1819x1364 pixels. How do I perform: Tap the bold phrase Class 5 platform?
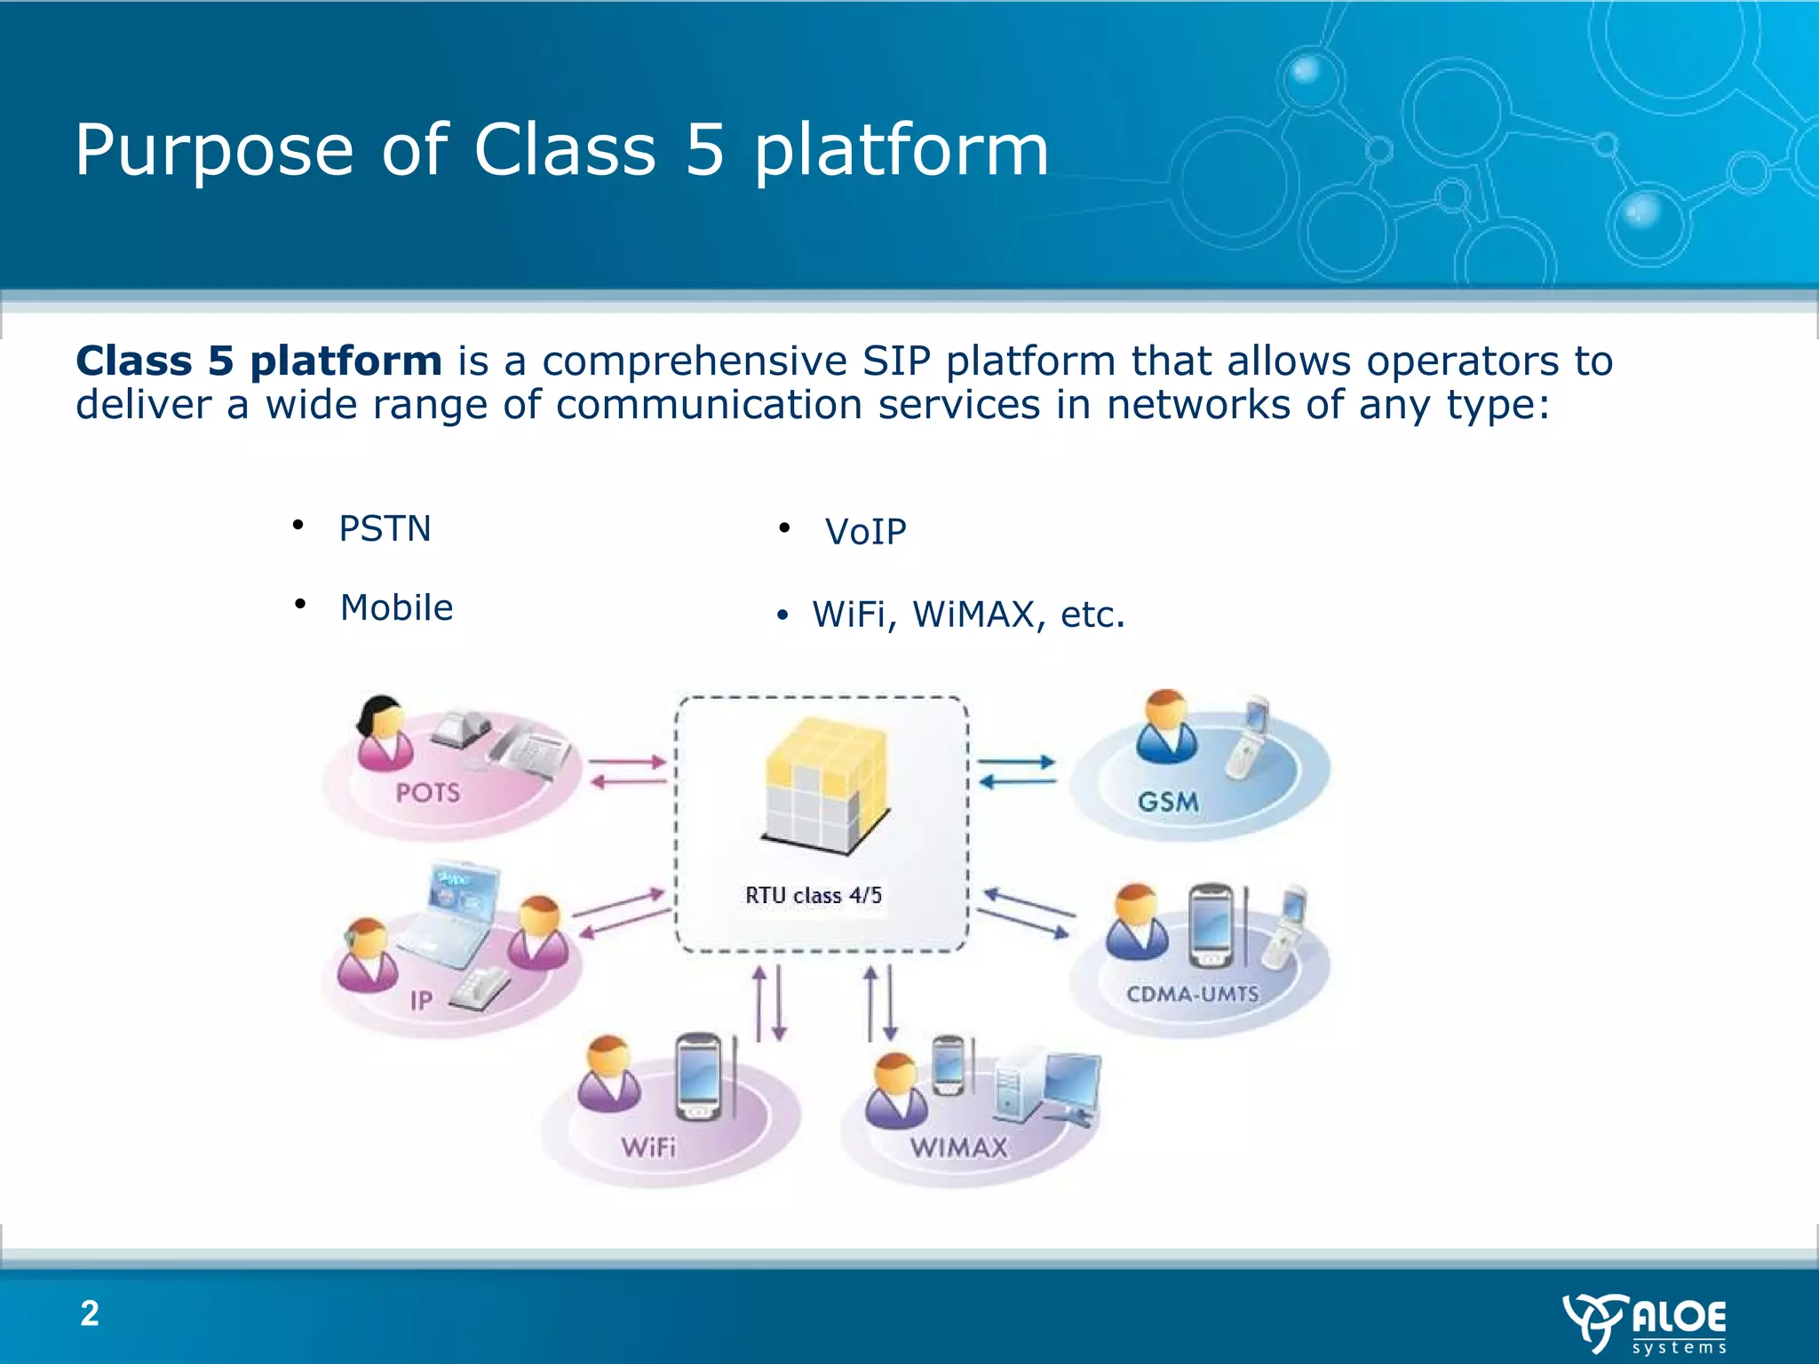click(x=258, y=361)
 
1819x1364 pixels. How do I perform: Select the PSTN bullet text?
click(x=385, y=529)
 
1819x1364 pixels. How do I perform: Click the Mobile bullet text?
click(x=396, y=608)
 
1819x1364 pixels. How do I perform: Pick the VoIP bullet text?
click(x=865, y=532)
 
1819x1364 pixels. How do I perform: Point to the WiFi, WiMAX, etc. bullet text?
click(x=968, y=615)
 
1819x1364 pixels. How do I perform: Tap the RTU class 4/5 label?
click(x=813, y=895)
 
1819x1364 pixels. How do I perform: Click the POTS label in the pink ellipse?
click(x=428, y=792)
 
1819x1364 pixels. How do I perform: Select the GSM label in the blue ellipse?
click(x=1168, y=802)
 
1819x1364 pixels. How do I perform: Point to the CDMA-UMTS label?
click(x=1192, y=994)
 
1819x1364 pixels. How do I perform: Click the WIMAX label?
click(x=959, y=1147)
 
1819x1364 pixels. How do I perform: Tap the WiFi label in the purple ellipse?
click(x=648, y=1147)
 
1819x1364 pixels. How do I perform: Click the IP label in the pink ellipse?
click(x=421, y=1001)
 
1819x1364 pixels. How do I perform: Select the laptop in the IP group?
click(x=453, y=915)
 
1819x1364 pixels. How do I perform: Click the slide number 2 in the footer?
click(x=90, y=1313)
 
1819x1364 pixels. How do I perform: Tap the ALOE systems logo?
click(x=1645, y=1323)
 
